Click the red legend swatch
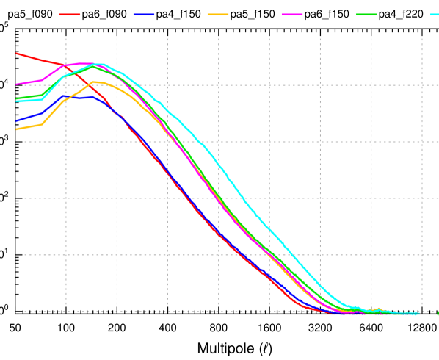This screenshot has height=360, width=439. (70, 14)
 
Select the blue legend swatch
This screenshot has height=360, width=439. (144, 14)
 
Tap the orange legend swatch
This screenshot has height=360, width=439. (218, 14)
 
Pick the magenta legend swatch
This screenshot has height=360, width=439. (292, 14)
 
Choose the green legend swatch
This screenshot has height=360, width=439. (366, 14)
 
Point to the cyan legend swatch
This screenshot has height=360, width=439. (435, 14)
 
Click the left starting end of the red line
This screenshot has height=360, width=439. (17, 53)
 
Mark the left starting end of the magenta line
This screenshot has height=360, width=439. (17, 84)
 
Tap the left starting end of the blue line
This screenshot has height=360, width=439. (17, 120)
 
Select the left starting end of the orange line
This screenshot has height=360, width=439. (17, 129)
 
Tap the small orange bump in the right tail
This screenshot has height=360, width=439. (378, 309)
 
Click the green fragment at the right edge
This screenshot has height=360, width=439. (438, 314)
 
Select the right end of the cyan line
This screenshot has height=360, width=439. (418, 314)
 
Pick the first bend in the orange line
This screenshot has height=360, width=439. (42, 124)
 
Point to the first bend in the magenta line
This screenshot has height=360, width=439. (42, 79)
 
